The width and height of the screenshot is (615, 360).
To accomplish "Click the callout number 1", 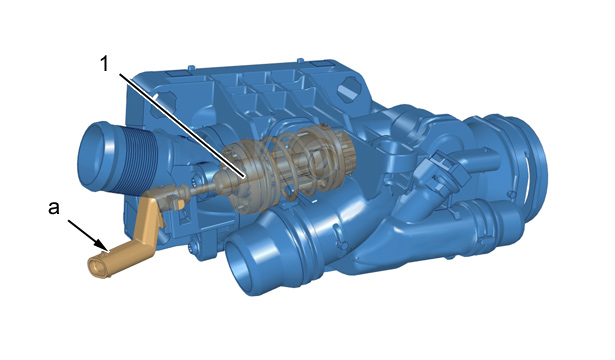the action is [x=104, y=64].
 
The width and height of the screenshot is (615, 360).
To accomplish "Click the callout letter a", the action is [x=54, y=208].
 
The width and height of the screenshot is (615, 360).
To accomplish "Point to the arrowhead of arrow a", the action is [x=104, y=249].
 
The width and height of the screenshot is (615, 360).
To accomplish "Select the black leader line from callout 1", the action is [x=182, y=125].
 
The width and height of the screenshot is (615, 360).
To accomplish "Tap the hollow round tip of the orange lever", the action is [x=96, y=267].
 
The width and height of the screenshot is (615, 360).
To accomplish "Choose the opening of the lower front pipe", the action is [x=241, y=261].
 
